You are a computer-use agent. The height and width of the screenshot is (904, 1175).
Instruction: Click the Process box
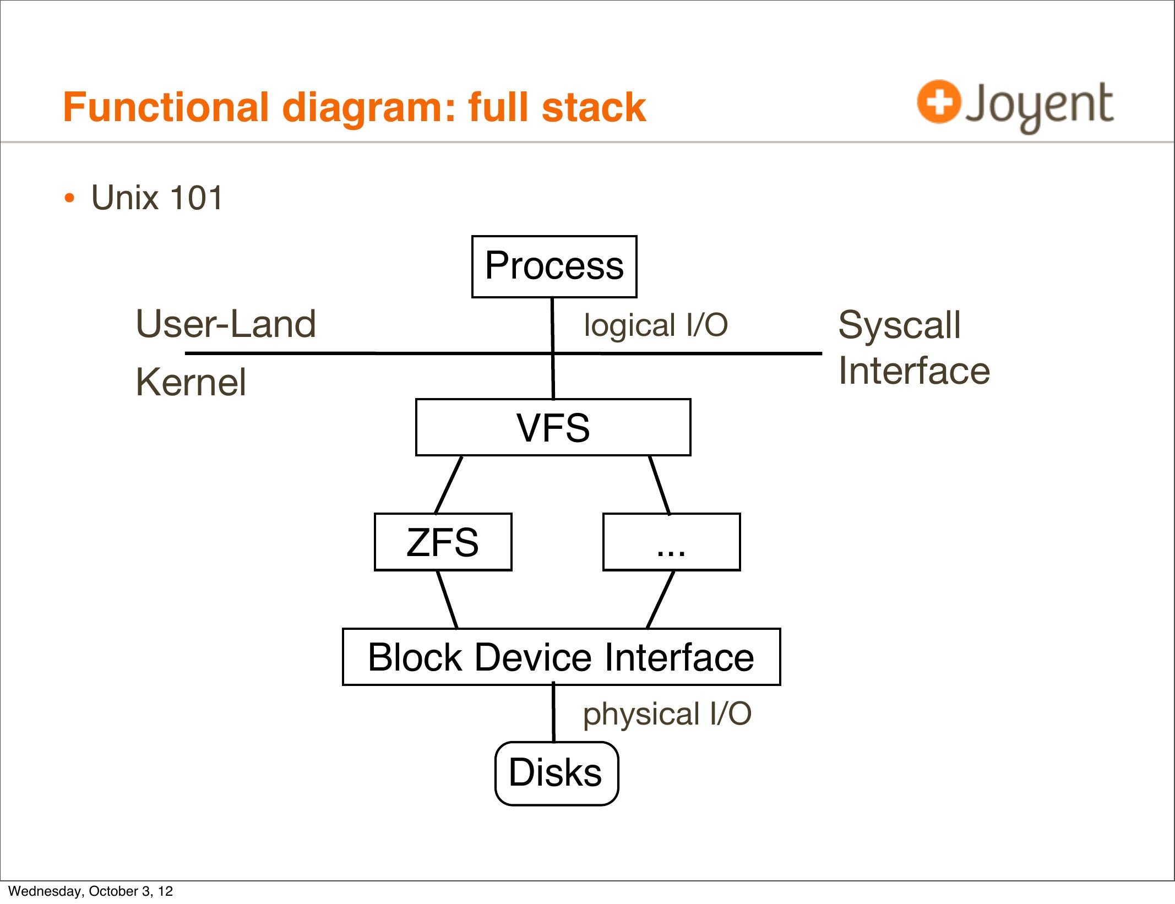point(554,266)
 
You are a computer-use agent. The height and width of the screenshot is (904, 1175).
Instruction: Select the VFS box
point(553,427)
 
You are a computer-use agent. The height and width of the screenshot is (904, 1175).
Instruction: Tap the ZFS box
point(443,542)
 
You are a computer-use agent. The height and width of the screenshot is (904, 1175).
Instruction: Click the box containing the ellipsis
point(671,542)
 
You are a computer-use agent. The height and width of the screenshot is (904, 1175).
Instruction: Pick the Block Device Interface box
point(561,657)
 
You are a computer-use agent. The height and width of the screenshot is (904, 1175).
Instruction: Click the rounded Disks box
point(556,773)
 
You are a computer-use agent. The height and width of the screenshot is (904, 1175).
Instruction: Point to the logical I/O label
point(656,325)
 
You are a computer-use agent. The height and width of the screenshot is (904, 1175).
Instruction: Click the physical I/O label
point(667,714)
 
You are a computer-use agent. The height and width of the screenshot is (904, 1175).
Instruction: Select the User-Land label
point(226,324)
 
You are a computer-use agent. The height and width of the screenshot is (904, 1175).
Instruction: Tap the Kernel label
point(191,382)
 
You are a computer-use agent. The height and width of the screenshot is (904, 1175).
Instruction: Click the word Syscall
point(899,325)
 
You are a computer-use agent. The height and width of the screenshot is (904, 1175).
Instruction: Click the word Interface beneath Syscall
point(914,371)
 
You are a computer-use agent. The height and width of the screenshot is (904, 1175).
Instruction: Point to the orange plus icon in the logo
point(939,102)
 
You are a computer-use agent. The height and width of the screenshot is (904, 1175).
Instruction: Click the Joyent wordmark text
point(1039,105)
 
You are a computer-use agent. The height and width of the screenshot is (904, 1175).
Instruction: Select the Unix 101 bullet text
point(157,198)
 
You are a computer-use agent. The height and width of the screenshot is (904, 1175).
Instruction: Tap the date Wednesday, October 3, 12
point(90,891)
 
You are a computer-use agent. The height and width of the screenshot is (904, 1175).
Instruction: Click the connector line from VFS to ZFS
point(448,484)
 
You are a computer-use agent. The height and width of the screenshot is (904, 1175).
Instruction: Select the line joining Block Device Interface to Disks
point(553,714)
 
